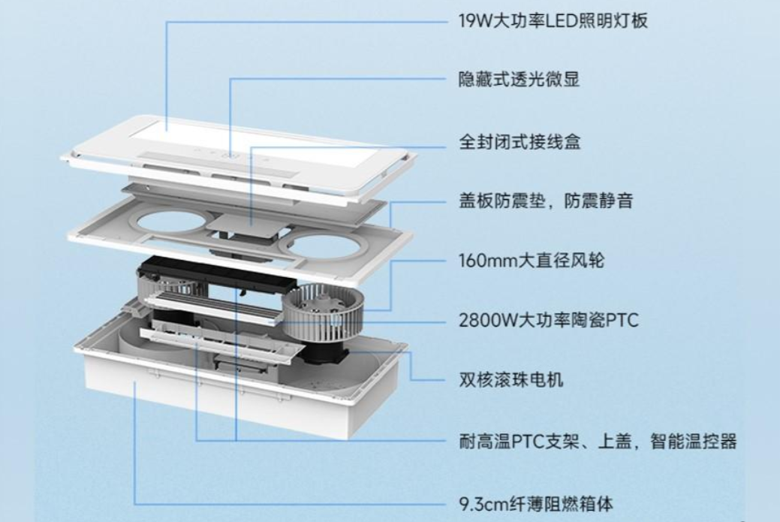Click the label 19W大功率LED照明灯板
553,20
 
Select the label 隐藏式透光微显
519,80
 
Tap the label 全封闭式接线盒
519,140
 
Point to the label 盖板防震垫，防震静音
545,201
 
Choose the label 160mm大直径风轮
532,261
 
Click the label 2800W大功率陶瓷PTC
548,321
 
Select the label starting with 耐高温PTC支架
598,441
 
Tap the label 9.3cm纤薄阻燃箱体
535,501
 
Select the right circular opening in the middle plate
327,245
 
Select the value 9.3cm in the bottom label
481,501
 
